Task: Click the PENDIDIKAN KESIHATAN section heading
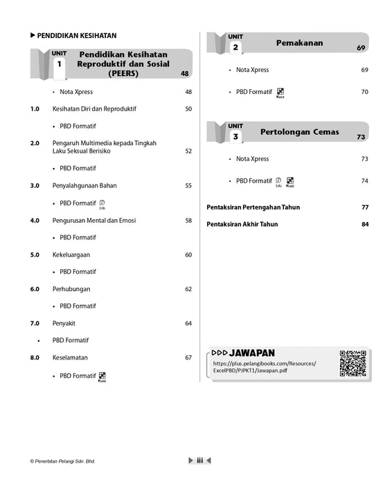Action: (x=76, y=36)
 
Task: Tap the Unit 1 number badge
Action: (x=59, y=64)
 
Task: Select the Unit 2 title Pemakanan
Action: (x=299, y=43)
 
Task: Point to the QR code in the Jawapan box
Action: (x=353, y=364)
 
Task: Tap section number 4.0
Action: (x=35, y=221)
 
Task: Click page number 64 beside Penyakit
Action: (x=188, y=323)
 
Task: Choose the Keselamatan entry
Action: (x=70, y=357)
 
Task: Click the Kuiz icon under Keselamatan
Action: (x=102, y=376)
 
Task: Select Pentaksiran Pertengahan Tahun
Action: (x=253, y=207)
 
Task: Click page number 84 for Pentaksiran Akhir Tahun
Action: (x=365, y=224)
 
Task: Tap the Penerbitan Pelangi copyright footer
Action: (x=63, y=461)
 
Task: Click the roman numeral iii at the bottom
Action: (x=199, y=460)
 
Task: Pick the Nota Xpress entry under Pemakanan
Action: (x=252, y=70)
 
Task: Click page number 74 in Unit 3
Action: (x=365, y=181)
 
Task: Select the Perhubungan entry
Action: (x=71, y=289)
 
